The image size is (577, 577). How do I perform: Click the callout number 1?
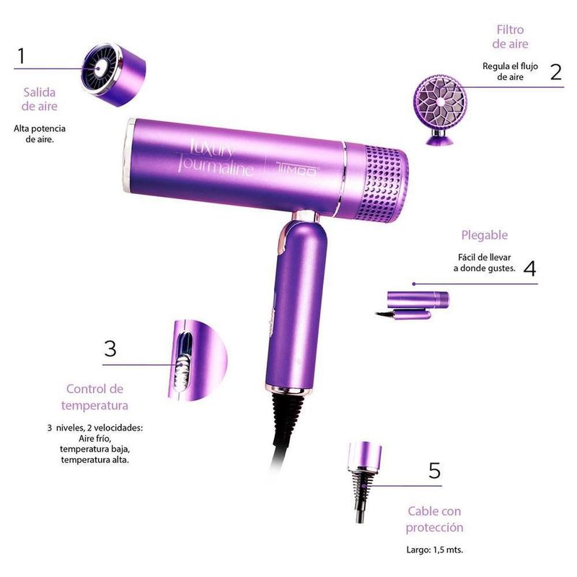coord(22,56)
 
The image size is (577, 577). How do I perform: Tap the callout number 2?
coord(556,71)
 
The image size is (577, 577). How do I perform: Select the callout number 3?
coord(110,348)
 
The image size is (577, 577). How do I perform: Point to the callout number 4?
coord(529,268)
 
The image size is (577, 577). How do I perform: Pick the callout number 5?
coord(435,470)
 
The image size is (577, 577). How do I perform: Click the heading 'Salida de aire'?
coord(40,99)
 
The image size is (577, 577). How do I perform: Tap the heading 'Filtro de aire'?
coord(510,37)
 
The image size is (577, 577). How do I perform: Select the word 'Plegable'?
coord(484,235)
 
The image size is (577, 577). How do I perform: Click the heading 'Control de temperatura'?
coord(94,397)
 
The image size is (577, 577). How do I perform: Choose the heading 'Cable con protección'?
coord(434,519)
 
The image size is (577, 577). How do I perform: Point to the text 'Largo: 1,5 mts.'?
coord(435,550)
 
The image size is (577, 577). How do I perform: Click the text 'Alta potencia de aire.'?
coord(40,134)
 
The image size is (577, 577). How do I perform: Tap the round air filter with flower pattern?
coord(440,102)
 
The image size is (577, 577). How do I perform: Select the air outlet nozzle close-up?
coord(113,75)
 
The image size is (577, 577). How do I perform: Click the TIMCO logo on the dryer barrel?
coord(296,170)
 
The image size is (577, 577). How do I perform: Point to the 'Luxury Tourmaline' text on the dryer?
coord(215,157)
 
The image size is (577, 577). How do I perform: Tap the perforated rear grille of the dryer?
coord(383,184)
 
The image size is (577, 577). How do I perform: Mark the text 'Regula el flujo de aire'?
coord(510,71)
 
